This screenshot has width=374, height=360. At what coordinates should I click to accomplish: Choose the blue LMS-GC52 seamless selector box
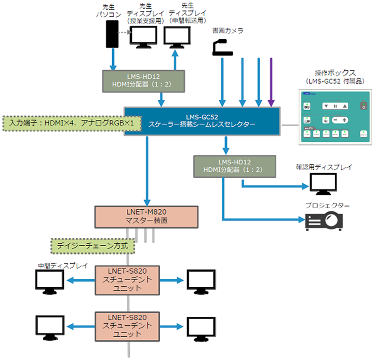click(202, 120)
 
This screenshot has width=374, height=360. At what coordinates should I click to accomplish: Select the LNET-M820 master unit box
click(146, 216)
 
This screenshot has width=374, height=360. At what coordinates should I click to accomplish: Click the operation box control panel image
click(335, 116)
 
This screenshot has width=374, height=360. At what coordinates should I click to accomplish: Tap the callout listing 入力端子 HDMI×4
click(73, 123)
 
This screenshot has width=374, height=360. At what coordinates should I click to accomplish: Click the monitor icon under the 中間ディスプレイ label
click(49, 281)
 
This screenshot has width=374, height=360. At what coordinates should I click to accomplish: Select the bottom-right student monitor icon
click(200, 326)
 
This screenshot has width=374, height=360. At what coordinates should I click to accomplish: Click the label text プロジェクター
click(327, 206)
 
